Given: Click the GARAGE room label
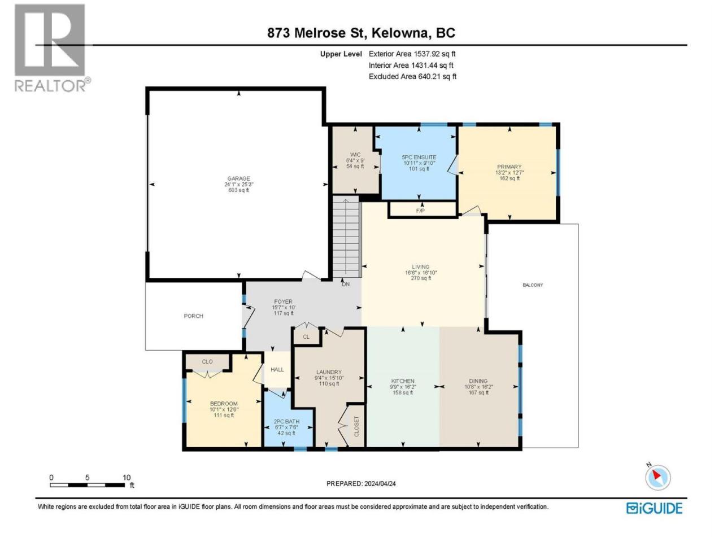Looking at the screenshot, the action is pos(238,178).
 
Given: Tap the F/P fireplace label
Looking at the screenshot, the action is pos(420,211).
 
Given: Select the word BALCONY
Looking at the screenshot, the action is pos(533,285).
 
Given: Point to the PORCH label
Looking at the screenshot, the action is pos(193,316).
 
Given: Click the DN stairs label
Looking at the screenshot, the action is pos(346,285).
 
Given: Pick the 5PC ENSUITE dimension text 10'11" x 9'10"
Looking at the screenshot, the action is pos(419,163).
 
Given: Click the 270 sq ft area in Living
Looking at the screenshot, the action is pos(421,278).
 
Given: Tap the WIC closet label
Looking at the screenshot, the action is pos(355,155).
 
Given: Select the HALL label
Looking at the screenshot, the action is pos(277,370).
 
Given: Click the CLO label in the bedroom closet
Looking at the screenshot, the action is pos(207,362).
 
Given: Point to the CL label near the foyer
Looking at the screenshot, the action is pos(306,336).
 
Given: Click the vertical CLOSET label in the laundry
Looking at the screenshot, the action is pos(356,426).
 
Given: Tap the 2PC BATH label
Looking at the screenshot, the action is pos(286,422).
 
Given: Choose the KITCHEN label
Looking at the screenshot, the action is pos(403,381).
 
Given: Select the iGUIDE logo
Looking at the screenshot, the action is pos(654,508).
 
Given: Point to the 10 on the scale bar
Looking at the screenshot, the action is pos(127,478).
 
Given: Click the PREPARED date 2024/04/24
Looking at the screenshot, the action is pos(380,484).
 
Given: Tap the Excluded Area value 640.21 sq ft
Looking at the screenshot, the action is pos(437,77).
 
